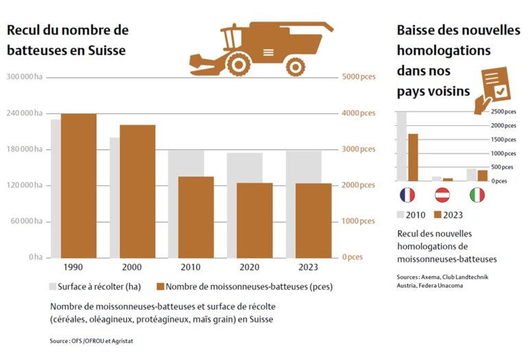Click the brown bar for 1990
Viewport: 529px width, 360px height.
click(x=79, y=185)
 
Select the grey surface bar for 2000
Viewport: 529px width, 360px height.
click(x=114, y=199)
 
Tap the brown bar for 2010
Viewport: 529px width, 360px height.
click(x=196, y=216)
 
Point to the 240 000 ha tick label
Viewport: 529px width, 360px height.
click(x=24, y=113)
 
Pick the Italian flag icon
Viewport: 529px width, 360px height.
click(x=477, y=195)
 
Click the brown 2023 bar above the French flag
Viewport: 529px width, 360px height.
click(x=413, y=157)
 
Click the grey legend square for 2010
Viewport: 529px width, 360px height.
click(x=401, y=215)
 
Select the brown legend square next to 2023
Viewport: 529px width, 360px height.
click(x=438, y=215)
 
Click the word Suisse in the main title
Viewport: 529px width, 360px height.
click(x=108, y=50)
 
